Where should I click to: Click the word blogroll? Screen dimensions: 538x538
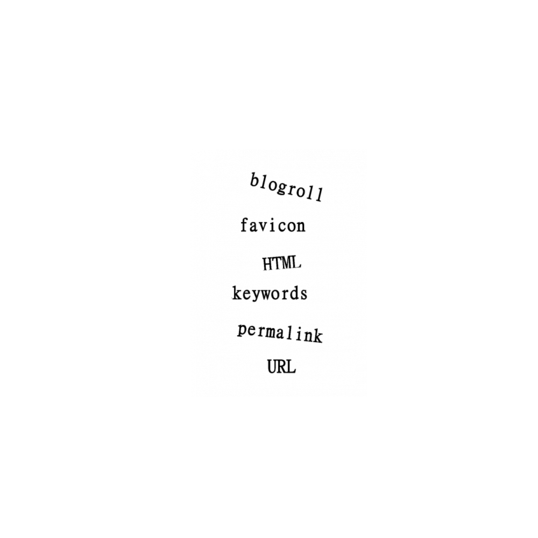(287, 188)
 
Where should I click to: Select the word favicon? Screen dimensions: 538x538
(273, 225)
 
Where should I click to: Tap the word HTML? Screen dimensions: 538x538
(282, 263)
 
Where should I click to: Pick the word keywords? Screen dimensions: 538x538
(270, 294)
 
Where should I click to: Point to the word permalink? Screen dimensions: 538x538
(280, 333)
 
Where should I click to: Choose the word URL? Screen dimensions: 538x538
(281, 366)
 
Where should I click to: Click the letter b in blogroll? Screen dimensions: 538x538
(254, 180)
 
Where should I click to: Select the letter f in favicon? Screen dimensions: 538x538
(244, 225)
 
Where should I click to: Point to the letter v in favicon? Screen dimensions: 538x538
(264, 227)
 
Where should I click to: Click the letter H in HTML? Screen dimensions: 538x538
(267, 264)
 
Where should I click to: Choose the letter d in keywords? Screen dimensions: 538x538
(295, 293)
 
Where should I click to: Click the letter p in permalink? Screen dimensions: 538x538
(242, 330)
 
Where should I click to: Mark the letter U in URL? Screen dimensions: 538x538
(272, 366)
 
